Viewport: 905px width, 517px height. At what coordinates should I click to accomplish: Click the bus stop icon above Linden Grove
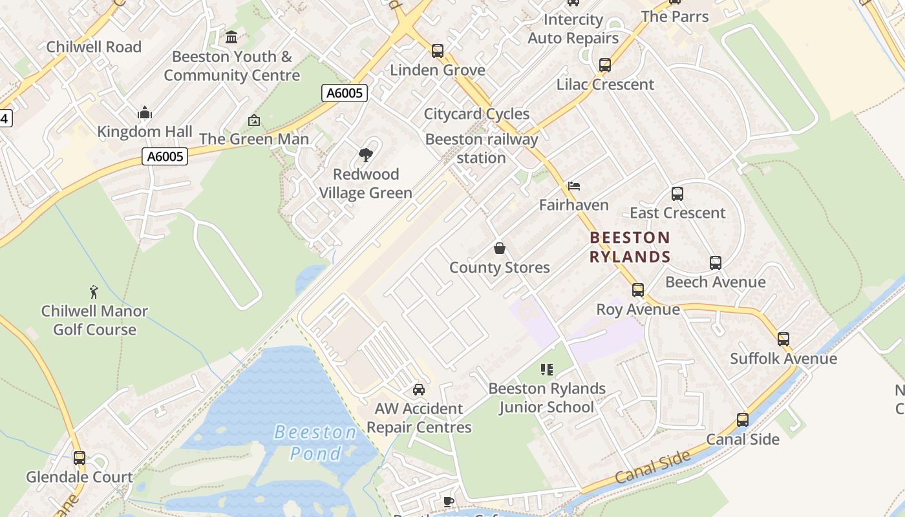pyautogui.click(x=438, y=51)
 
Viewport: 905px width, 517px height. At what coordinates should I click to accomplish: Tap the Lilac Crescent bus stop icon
pyautogui.click(x=605, y=65)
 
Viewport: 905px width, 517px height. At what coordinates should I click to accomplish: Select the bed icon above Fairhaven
pyautogui.click(x=573, y=186)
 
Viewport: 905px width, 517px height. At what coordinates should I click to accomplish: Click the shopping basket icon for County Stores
pyautogui.click(x=499, y=248)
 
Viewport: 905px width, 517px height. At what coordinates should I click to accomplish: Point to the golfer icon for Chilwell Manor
pyautogui.click(x=94, y=292)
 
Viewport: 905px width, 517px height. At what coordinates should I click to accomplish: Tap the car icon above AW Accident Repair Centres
pyautogui.click(x=419, y=390)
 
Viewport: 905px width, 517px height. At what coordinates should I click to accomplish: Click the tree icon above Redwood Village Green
pyautogui.click(x=365, y=155)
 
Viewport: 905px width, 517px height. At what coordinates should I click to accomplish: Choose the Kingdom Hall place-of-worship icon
pyautogui.click(x=145, y=113)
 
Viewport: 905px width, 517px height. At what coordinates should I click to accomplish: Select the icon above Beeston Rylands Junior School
pyautogui.click(x=547, y=370)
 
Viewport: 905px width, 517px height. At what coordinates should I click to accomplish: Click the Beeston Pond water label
pyautogui.click(x=315, y=443)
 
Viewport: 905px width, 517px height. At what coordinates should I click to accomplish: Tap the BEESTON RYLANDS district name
pyautogui.click(x=630, y=247)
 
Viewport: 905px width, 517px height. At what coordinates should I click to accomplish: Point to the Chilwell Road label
pyautogui.click(x=94, y=47)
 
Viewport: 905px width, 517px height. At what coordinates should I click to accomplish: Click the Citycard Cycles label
pyautogui.click(x=476, y=114)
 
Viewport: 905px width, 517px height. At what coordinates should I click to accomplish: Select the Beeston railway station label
pyautogui.click(x=482, y=149)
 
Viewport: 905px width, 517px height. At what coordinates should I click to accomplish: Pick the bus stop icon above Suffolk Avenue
pyautogui.click(x=783, y=339)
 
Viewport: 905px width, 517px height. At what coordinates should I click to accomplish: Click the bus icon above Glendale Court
pyautogui.click(x=80, y=458)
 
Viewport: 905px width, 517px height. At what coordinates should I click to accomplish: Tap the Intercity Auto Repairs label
pyautogui.click(x=573, y=29)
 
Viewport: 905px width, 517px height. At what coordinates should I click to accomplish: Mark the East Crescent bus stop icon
pyautogui.click(x=677, y=194)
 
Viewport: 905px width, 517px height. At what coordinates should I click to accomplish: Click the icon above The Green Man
pyautogui.click(x=254, y=120)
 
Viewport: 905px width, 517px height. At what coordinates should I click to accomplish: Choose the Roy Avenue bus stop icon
pyautogui.click(x=638, y=290)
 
